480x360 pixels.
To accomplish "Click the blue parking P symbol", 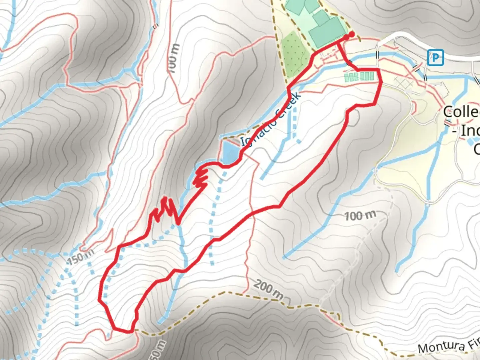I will click(x=435, y=58).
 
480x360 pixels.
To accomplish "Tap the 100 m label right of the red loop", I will click(x=360, y=216).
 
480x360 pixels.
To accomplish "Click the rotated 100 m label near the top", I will click(x=173, y=59).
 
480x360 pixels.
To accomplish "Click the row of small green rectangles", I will click(x=359, y=77).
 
